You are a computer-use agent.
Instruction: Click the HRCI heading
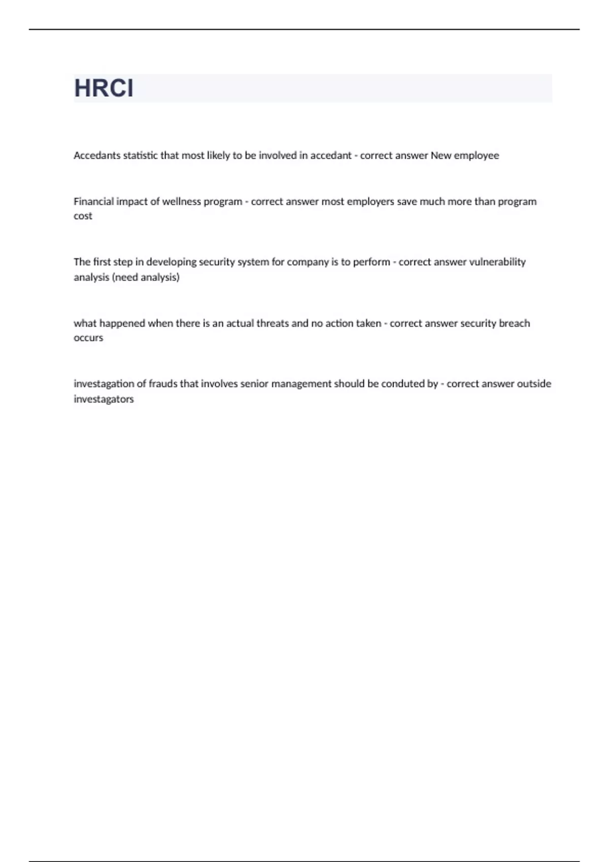click(x=104, y=88)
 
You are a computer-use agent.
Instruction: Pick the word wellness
click(x=181, y=201)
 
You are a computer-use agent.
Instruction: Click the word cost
click(x=83, y=216)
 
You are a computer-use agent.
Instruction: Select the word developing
click(x=171, y=262)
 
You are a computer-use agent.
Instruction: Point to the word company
click(x=308, y=263)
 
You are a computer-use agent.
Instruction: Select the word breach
click(x=514, y=324)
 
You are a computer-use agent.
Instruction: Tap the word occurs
click(x=88, y=338)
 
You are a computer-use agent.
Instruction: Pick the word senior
click(x=254, y=384)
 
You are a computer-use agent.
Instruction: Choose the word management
click(x=301, y=384)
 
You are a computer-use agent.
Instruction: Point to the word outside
click(x=534, y=384)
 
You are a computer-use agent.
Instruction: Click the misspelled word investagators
click(x=104, y=399)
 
